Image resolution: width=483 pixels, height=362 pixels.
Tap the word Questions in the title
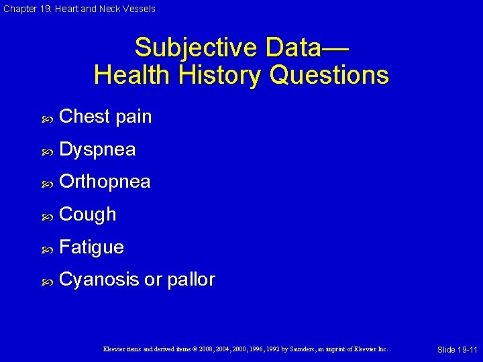click(331, 74)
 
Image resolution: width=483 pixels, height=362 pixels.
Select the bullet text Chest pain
click(105, 117)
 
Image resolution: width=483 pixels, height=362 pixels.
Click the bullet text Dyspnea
click(97, 149)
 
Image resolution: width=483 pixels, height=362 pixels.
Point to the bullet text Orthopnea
click(105, 182)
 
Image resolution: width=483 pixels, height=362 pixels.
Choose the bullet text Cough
click(88, 215)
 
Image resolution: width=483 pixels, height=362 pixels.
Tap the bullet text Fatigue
click(91, 247)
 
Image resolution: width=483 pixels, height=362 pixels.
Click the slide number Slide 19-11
click(457, 350)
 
